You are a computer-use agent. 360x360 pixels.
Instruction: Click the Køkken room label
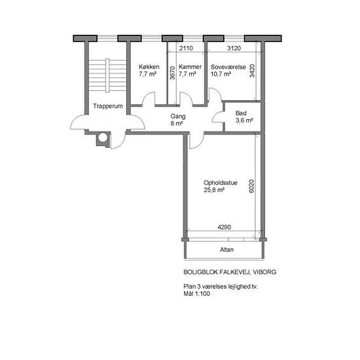coord(149,67)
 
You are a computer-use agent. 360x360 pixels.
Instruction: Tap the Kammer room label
coord(190,67)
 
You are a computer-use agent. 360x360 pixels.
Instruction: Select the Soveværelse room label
coord(228,67)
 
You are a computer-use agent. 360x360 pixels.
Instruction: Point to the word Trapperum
coord(108,106)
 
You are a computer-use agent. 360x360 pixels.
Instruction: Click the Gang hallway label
coord(178,117)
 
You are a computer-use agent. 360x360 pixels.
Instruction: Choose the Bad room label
coord(241,113)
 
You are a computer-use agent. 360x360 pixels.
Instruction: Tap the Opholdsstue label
coord(221,183)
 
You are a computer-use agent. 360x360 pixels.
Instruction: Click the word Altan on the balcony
coord(226,249)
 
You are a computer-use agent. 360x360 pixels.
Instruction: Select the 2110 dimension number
coord(186,48)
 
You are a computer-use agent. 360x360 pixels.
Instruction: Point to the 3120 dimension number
coord(234,48)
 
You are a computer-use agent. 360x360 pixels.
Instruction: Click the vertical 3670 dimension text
coord(172,73)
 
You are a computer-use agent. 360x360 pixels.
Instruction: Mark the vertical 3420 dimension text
coord(252,71)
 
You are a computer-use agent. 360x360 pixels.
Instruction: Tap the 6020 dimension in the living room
coord(251,186)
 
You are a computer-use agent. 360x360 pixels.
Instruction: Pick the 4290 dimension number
coord(225,227)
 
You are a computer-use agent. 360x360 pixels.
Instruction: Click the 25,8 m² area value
coord(214,190)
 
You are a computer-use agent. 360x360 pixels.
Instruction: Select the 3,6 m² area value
coord(244,120)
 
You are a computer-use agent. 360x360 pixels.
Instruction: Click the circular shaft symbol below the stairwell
coord(103,138)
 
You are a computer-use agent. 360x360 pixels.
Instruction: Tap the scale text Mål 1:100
coord(196,294)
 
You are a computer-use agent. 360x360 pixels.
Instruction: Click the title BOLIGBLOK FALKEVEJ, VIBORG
coord(230,272)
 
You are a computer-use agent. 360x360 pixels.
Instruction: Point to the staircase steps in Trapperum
coord(107,75)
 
